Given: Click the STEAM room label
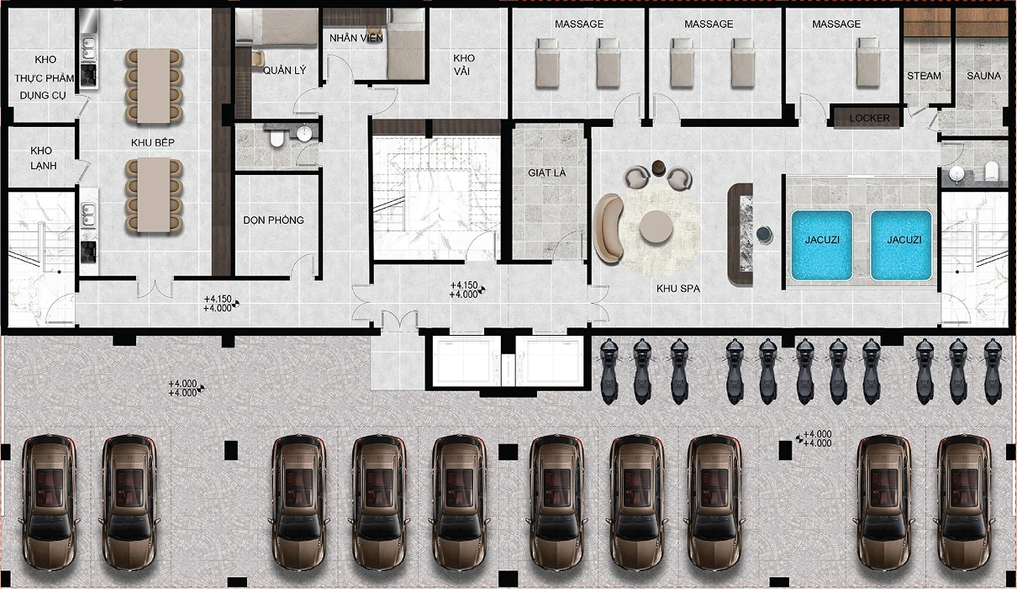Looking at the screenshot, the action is coord(924,76).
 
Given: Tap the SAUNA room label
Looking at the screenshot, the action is coord(983,76).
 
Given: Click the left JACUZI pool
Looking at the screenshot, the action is coord(822,246).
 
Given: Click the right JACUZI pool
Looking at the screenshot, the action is coord(902,246).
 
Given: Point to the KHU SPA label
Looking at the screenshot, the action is coord(677,289).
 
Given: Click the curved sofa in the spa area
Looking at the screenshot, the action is coord(608,229).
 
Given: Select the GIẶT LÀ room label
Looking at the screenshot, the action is coord(547,172).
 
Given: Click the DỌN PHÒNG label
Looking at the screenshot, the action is coord(273,220).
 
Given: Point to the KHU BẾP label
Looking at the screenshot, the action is coord(153,143).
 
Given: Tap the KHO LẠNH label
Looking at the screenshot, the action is coord(44,157).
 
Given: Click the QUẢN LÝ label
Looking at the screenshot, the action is coord(285,70).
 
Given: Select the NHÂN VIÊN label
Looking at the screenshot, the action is coord(356,38).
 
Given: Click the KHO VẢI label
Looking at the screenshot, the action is coord(464,65).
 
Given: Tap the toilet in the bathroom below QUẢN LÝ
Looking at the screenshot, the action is coord(277,138).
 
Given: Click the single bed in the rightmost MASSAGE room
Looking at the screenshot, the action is coord(868,61).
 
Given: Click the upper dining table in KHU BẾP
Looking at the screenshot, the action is coord(154,86).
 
